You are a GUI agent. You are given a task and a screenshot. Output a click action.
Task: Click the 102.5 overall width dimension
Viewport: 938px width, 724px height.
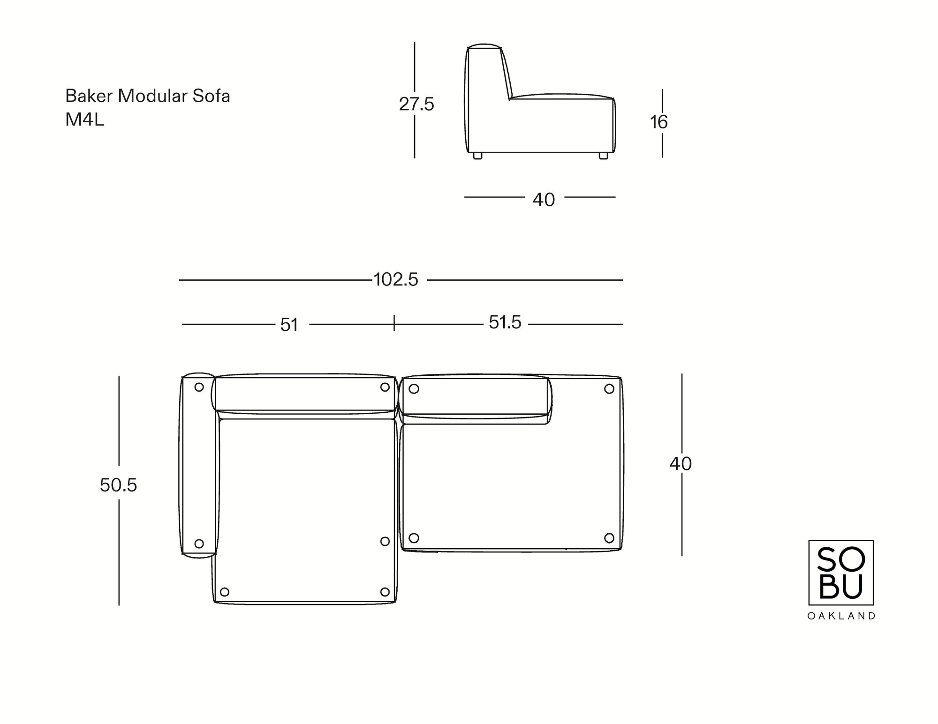396,280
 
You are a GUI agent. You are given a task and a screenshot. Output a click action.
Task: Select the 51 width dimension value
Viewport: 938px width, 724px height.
289,325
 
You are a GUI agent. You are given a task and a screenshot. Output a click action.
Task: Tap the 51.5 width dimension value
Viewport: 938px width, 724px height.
505,322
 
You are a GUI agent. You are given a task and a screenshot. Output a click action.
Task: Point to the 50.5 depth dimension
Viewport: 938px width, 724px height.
118,485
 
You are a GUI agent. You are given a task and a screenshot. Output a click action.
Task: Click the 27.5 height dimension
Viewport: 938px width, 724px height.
416,104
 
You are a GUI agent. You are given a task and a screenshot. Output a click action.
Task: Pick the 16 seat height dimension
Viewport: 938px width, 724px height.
658,122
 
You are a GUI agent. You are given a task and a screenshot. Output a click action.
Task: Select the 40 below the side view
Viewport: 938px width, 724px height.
544,200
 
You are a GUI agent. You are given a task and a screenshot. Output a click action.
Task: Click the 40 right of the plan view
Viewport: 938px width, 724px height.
681,464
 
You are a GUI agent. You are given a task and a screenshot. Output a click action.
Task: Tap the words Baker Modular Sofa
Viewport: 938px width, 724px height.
147,96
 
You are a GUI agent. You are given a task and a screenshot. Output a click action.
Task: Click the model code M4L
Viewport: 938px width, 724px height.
84,120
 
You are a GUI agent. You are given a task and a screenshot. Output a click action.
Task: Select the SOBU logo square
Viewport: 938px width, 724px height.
841,572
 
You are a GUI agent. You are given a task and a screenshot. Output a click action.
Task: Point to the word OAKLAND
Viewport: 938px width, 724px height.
841,616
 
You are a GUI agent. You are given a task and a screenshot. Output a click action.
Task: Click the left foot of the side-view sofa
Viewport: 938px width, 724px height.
477,156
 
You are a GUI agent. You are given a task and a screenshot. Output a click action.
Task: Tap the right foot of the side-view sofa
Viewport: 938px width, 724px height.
604,156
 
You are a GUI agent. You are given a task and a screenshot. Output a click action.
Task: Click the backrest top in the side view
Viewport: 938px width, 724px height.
484,46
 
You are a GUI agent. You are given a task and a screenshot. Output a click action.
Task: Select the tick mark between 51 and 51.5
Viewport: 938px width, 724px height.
394,323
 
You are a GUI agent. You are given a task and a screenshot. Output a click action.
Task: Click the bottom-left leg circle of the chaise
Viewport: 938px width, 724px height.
225,592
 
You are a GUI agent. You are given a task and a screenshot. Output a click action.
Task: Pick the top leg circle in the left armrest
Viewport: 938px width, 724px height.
199,387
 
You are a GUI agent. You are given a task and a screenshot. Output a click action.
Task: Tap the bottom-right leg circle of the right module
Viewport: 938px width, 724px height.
609,537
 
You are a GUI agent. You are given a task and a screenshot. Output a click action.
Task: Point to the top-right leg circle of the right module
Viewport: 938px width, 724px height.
609,388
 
